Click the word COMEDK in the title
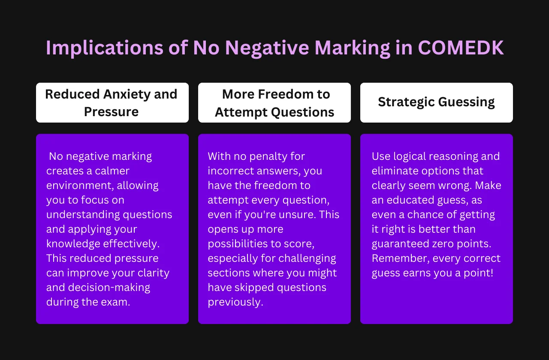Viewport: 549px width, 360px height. [x=461, y=48]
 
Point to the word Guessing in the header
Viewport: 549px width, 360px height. [x=466, y=102]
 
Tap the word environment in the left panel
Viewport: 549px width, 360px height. [x=80, y=186]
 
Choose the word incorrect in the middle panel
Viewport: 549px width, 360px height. [x=232, y=171]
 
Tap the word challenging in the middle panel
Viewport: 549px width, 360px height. [x=307, y=258]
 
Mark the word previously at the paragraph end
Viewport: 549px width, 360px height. [x=235, y=302]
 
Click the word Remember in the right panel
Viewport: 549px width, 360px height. [x=401, y=258]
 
